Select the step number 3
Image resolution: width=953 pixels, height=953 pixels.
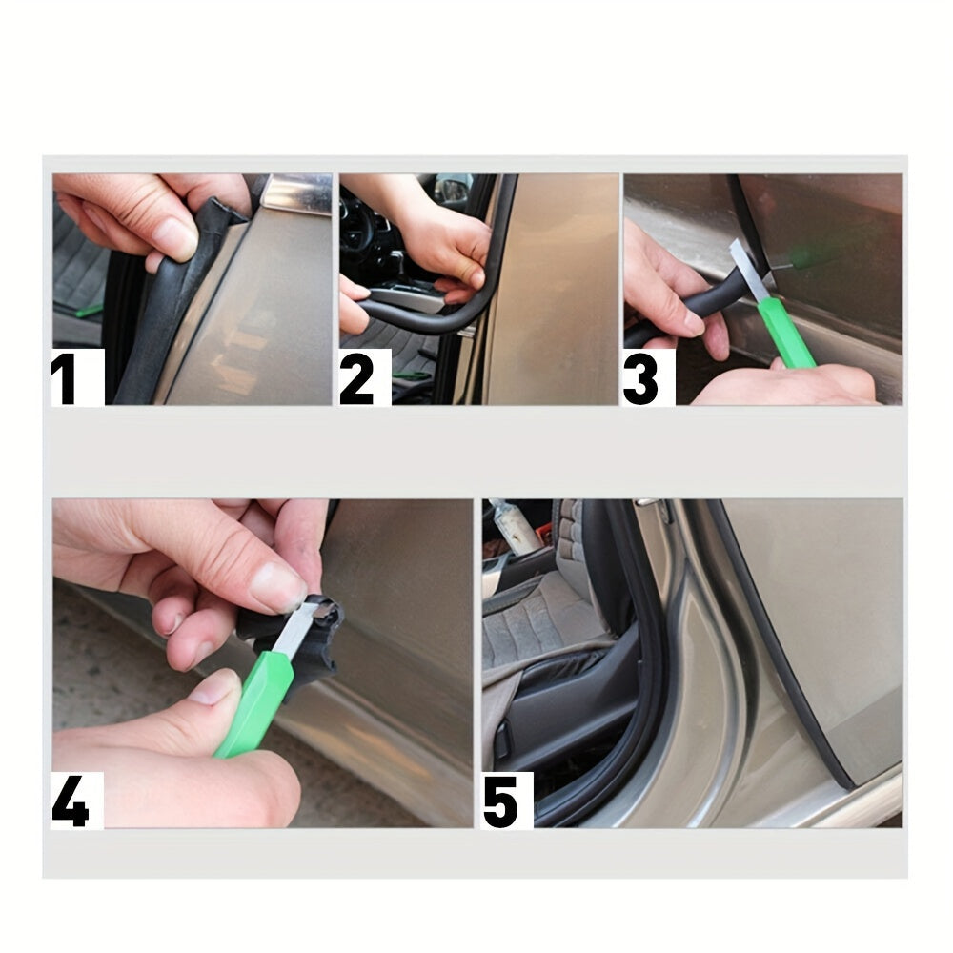tap(640, 378)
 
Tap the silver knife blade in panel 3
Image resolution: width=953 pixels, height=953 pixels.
tap(748, 269)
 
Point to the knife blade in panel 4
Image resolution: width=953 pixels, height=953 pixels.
tap(294, 629)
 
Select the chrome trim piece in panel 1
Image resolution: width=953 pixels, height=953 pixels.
tap(294, 194)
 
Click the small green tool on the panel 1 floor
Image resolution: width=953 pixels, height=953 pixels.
tap(89, 311)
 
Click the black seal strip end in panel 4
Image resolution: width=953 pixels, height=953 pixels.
tap(319, 639)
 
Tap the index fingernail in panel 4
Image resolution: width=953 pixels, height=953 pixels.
tap(279, 586)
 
